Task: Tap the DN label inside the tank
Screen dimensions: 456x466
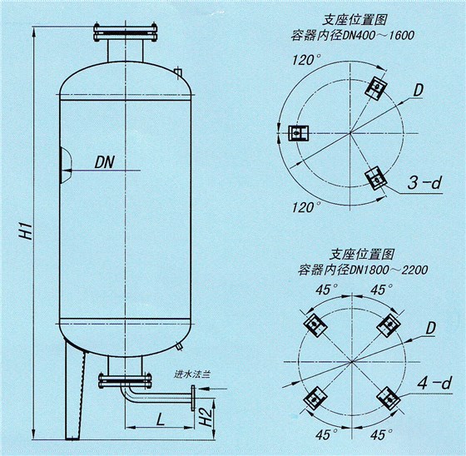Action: point(106,161)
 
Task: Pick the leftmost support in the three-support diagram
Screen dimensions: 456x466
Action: point(295,132)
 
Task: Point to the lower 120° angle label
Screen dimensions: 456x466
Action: point(305,206)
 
